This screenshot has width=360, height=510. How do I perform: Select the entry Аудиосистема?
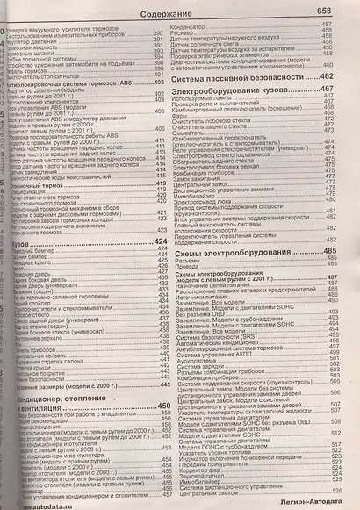(x=198, y=358)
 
